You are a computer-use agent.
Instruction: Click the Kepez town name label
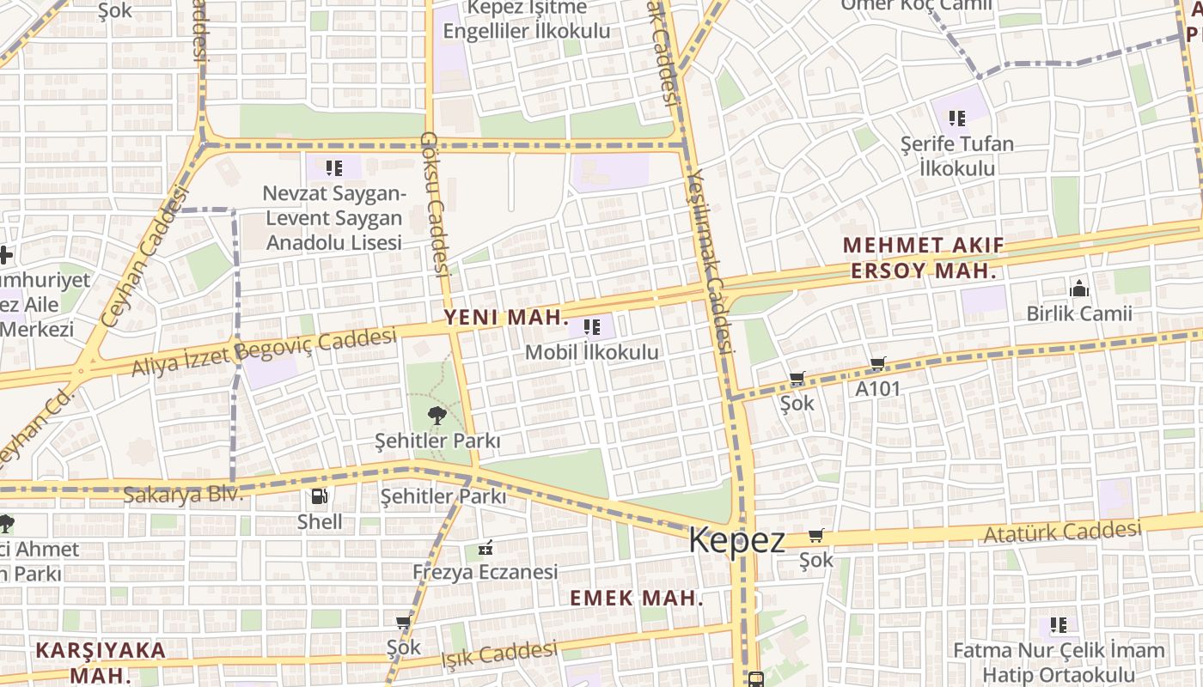[736, 541]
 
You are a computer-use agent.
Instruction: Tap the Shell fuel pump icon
[319, 496]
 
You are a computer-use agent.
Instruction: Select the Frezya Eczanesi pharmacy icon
[485, 547]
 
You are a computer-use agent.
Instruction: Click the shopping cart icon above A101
[877, 364]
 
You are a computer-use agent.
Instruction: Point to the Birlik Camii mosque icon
[1078, 288]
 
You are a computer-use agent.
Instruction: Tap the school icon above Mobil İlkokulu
[591, 327]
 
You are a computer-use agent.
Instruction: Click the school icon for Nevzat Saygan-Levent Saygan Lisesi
[333, 167]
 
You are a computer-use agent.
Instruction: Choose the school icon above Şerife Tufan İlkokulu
[957, 118]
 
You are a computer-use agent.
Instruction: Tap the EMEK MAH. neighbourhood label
[637, 599]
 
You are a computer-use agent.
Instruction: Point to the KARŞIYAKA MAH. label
[101, 662]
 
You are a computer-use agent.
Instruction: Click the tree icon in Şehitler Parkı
[437, 417]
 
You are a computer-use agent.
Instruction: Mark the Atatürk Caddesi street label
[1062, 532]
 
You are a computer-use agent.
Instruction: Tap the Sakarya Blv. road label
[183, 495]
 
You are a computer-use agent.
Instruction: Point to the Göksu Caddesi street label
[436, 204]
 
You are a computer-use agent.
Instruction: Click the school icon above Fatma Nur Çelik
[1058, 625]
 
